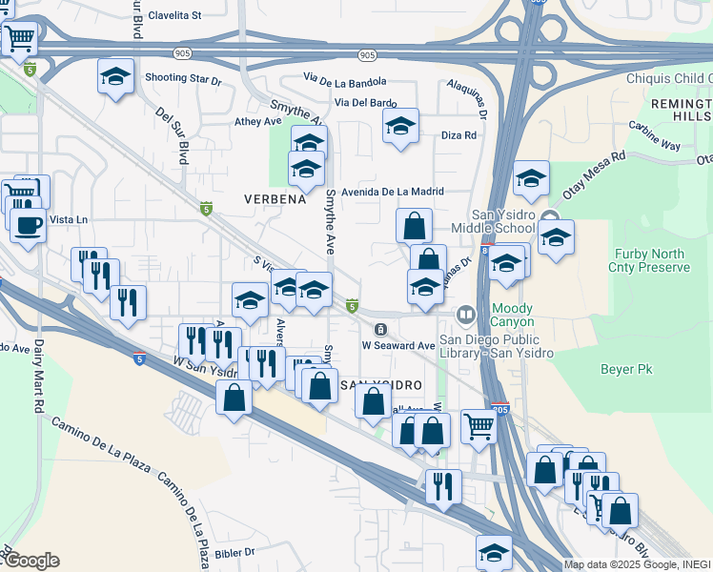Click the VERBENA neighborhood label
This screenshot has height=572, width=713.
275,199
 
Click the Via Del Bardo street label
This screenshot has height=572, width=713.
365,102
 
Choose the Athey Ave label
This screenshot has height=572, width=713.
258,121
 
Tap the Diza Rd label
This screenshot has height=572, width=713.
458,135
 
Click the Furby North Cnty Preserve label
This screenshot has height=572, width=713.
650,260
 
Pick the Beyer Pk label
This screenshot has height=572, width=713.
624,367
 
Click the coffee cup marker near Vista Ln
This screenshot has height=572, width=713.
27,225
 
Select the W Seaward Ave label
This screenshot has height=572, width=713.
397,345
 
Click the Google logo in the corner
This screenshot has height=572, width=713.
31,561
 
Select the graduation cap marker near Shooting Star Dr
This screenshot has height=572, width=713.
116,76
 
